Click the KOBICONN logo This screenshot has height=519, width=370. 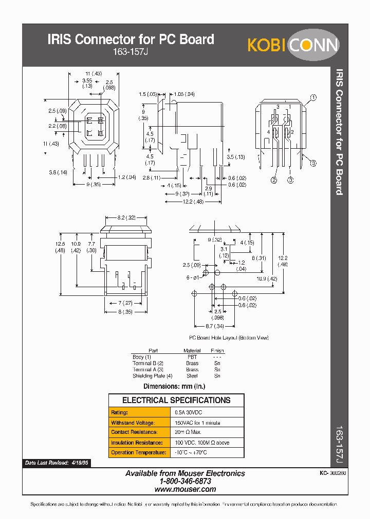293,45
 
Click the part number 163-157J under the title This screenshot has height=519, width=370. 131,51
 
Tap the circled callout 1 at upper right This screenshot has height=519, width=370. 313,97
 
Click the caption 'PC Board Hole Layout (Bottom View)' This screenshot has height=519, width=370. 229,338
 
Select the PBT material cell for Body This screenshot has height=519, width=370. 192,356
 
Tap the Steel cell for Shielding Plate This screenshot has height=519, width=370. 192,376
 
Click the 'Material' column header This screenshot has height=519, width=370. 192,351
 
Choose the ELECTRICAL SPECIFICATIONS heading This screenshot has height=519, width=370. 176,400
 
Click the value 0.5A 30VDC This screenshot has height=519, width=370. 191,412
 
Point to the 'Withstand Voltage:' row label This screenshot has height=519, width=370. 133,423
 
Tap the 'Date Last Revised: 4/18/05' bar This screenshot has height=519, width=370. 57,463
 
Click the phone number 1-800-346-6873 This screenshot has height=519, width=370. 185,482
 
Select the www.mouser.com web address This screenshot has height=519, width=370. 185,489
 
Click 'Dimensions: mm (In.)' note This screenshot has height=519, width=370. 174,386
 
